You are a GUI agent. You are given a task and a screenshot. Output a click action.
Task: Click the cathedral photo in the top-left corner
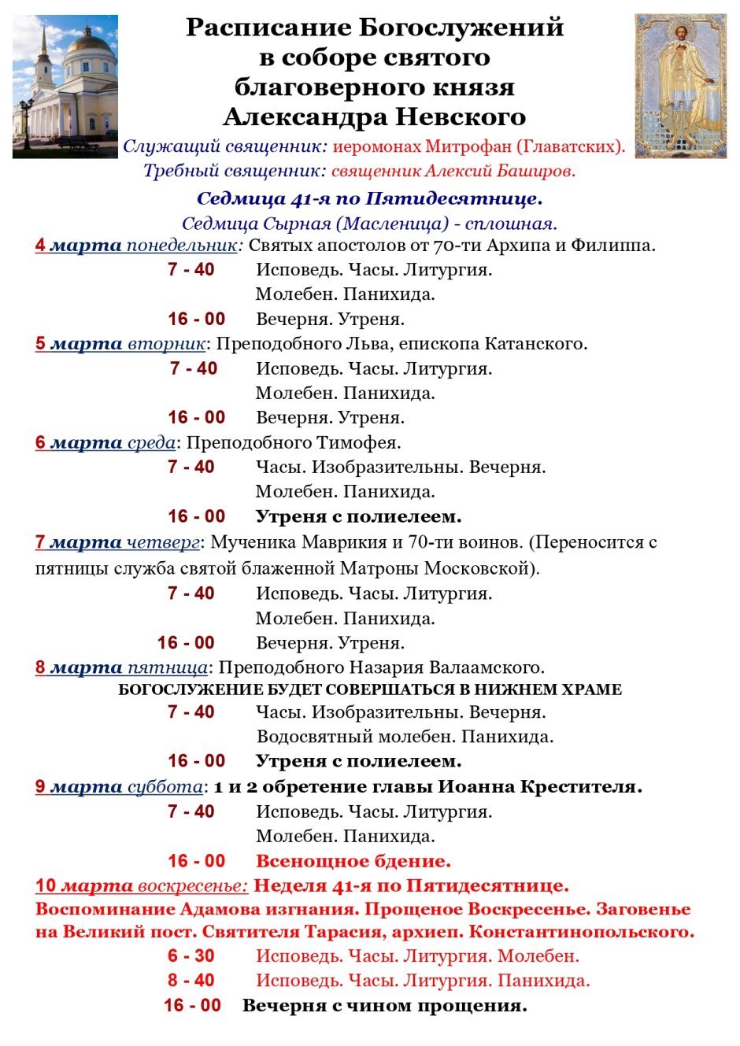(x=65, y=87)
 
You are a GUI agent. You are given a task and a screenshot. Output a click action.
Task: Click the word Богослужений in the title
(x=461, y=28)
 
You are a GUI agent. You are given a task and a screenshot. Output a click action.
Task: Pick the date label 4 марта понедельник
(x=136, y=246)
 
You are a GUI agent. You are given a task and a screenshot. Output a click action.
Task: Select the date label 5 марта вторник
(x=120, y=344)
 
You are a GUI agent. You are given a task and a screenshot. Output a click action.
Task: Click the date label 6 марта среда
(x=105, y=443)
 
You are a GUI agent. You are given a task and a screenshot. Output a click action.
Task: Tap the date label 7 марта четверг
(x=117, y=542)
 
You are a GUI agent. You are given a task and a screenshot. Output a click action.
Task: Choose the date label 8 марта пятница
(x=121, y=668)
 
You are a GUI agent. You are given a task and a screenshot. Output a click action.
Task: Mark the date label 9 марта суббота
(x=119, y=787)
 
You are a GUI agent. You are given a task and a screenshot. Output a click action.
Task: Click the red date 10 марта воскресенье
(x=142, y=886)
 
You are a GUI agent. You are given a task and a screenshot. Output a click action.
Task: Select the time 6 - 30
(x=191, y=956)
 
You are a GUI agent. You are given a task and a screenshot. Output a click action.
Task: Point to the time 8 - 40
(x=191, y=981)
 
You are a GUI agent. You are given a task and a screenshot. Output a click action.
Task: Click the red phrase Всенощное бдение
(x=353, y=861)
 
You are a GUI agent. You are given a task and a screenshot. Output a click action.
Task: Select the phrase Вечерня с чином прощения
(x=384, y=1006)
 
